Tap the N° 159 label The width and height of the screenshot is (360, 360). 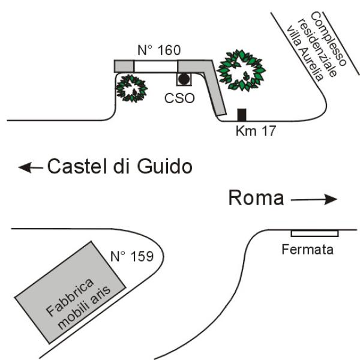click(x=132, y=258)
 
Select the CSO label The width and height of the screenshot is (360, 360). click(x=181, y=98)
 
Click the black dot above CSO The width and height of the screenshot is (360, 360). click(x=184, y=79)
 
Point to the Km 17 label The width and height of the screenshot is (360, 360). click(x=256, y=130)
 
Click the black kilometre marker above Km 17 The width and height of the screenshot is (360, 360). click(x=242, y=115)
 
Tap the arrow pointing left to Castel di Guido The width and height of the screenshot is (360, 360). click(x=30, y=168)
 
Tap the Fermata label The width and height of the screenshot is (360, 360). click(x=307, y=249)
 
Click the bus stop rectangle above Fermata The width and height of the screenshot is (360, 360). click(x=314, y=233)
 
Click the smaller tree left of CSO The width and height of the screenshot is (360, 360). click(x=131, y=88)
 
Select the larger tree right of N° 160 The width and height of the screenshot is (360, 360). click(x=241, y=69)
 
